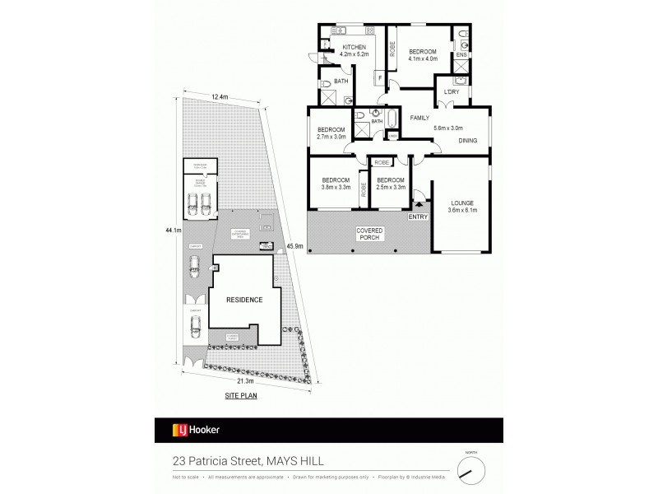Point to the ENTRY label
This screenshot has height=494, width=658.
click(419, 217)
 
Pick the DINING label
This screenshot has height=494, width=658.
click(468, 141)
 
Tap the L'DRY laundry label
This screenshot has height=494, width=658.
click(451, 91)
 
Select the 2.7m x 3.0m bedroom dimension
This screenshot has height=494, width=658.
click(332, 137)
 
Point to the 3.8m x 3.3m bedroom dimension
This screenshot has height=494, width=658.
click(336, 188)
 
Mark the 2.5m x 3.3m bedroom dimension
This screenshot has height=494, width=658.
click(390, 188)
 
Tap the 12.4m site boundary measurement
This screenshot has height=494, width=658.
click(220, 96)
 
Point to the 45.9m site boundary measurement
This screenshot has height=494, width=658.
click(294, 246)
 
